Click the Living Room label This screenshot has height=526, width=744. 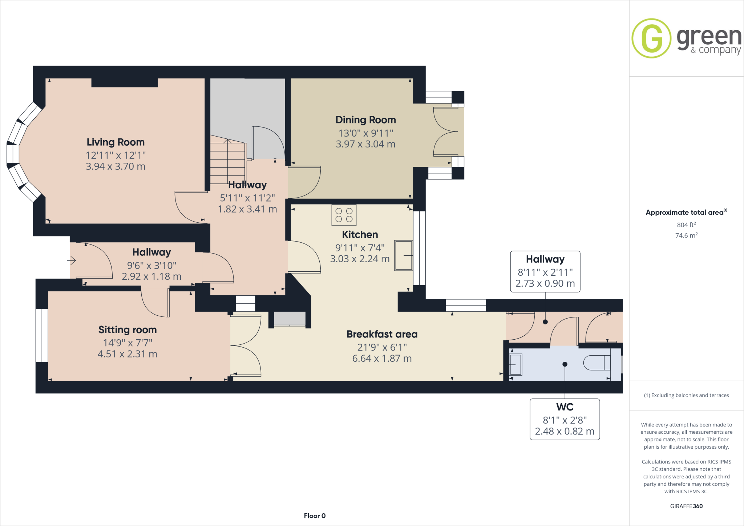(116, 142)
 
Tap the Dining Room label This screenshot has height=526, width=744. (365, 120)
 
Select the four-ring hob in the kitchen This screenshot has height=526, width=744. (344, 215)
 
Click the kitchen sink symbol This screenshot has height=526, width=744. (404, 255)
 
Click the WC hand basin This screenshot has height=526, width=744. (515, 364)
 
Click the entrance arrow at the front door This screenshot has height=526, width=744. (71, 260)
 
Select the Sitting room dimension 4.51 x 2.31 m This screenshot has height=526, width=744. (128, 354)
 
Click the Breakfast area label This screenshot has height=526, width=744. (382, 334)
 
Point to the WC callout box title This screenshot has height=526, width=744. (565, 407)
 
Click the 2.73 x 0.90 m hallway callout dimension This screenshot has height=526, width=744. (545, 283)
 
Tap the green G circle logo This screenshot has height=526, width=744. (651, 38)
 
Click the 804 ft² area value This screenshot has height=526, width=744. (686, 225)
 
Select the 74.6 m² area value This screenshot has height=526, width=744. (686, 235)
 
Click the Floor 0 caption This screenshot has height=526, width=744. (315, 516)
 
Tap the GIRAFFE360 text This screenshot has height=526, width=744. (686, 506)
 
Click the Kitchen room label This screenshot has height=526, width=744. (360, 235)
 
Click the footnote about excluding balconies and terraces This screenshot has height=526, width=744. (686, 395)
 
